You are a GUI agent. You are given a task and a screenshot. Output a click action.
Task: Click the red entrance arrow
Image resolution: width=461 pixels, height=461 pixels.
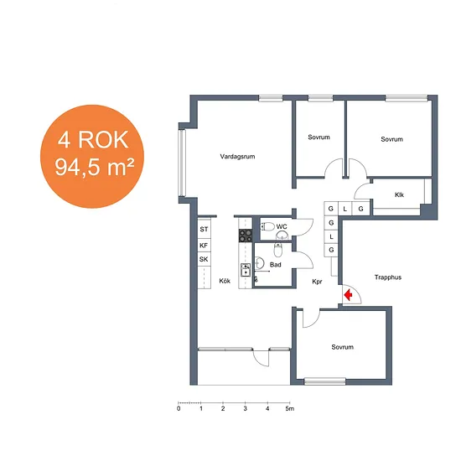[349, 295]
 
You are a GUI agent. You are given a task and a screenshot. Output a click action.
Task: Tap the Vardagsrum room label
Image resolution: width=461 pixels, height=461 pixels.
[237, 157]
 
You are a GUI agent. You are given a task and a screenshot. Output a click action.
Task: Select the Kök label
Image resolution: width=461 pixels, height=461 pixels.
[225, 281]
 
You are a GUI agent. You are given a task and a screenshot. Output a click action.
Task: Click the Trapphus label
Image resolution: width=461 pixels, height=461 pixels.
[388, 277]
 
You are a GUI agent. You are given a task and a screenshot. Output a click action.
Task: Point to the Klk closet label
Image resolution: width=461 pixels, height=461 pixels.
[399, 194]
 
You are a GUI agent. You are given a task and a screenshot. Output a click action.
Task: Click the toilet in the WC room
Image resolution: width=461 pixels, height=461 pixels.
[267, 226]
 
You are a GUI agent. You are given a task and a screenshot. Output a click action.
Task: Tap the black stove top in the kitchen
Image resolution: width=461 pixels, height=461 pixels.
[246, 236]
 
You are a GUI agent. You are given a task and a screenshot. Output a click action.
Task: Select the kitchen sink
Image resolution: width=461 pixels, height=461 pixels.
[246, 270]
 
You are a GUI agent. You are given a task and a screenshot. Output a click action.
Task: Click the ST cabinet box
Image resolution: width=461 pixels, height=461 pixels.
[204, 229]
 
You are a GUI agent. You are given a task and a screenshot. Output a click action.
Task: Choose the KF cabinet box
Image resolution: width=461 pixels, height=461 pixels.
[204, 245]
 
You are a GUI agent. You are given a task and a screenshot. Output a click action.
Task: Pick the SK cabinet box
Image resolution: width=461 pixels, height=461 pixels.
[204, 259]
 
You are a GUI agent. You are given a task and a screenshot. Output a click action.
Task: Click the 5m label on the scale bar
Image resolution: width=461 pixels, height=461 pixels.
[290, 409]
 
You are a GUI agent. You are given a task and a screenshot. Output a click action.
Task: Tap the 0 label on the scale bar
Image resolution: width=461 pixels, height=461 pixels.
[179, 409]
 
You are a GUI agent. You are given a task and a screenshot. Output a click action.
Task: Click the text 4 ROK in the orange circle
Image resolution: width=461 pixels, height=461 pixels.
[93, 140]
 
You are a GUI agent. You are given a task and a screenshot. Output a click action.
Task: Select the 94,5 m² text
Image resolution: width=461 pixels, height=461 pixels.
[94, 167]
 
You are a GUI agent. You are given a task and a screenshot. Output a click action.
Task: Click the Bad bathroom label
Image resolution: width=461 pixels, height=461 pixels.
[276, 265]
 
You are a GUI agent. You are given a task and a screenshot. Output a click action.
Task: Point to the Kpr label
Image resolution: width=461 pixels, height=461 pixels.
[317, 282]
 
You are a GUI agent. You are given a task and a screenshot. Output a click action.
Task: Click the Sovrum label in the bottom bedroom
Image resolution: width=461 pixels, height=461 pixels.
[343, 347]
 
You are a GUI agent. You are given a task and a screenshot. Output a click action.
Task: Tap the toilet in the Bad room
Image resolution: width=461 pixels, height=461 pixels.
[278, 251]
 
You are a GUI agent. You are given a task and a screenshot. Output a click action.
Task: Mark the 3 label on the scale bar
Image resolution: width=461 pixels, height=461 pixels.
[246, 409]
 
